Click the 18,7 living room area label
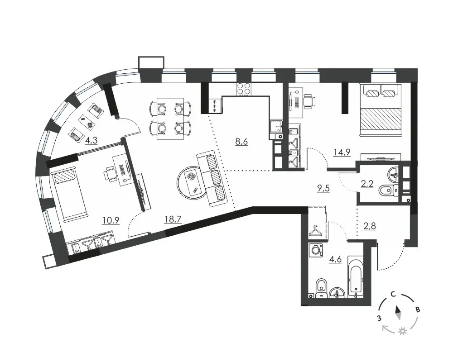point(173,219)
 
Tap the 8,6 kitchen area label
point(241,142)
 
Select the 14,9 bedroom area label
point(342,152)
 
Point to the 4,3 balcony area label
point(92,140)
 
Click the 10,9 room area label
point(111,220)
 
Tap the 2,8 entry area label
point(370,226)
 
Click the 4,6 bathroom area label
point(335,259)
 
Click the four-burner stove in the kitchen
point(244,89)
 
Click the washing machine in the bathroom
point(316,250)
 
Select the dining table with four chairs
point(170,119)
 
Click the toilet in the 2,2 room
point(388,190)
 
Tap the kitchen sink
point(276,126)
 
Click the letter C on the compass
point(393,295)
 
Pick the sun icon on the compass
point(402,331)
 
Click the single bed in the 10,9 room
point(68,196)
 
